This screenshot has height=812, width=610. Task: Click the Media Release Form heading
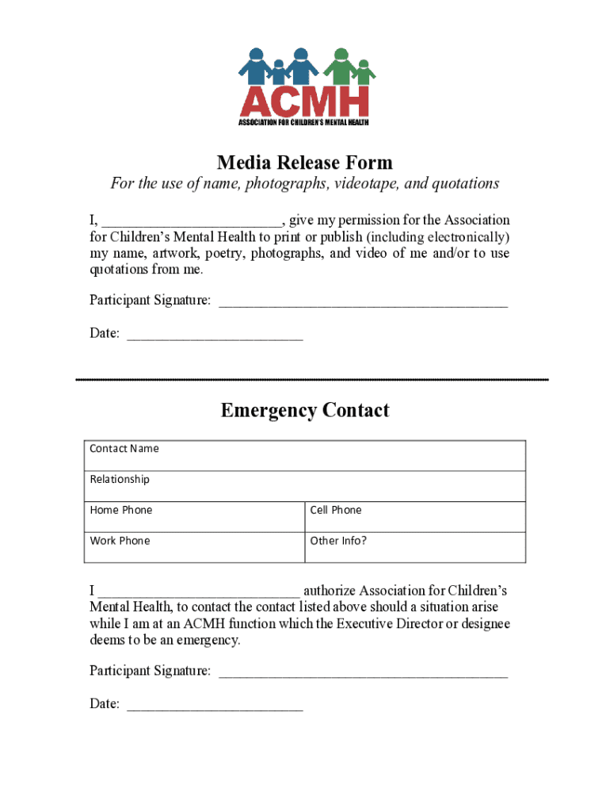[304, 163]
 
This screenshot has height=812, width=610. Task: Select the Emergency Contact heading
[304, 410]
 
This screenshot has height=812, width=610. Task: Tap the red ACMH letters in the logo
[304, 101]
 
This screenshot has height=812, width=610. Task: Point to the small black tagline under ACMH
[304, 121]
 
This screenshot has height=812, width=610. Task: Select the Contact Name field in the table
[304, 456]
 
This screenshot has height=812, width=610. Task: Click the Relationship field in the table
[304, 486]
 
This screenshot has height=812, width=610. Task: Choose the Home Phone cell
[194, 517]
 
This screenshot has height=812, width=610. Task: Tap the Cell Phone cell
[414, 517]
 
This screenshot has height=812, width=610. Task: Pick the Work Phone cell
[194, 547]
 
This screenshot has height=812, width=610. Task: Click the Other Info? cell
[414, 547]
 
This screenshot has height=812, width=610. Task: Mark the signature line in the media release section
[362, 302]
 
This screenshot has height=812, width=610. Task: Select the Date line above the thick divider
[215, 335]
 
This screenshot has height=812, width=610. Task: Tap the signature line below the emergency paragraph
[362, 673]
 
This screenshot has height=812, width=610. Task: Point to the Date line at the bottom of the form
[215, 706]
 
